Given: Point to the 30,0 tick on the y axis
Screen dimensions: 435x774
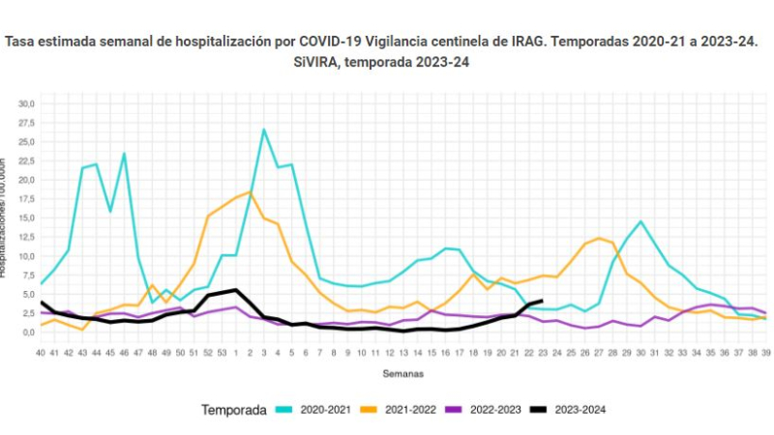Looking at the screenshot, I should point(26,103).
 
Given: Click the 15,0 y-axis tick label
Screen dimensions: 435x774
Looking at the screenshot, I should point(26,217).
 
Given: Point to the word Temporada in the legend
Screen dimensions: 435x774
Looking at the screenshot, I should point(233,410).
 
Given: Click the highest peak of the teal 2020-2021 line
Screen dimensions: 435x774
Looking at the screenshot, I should point(263,130).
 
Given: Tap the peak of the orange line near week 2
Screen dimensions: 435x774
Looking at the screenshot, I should point(250,191).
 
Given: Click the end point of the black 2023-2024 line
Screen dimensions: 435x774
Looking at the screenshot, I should point(542,301).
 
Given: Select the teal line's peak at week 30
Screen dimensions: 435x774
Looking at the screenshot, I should point(640,221).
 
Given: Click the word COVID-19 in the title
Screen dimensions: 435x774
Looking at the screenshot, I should point(333,43).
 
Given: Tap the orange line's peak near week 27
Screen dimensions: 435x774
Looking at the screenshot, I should point(600,238).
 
